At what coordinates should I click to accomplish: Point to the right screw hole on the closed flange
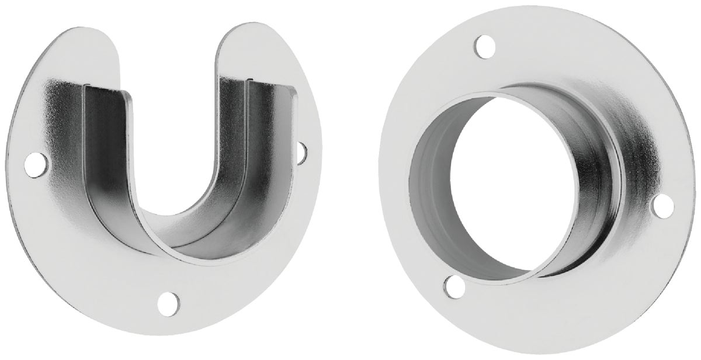tap(662, 204)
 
